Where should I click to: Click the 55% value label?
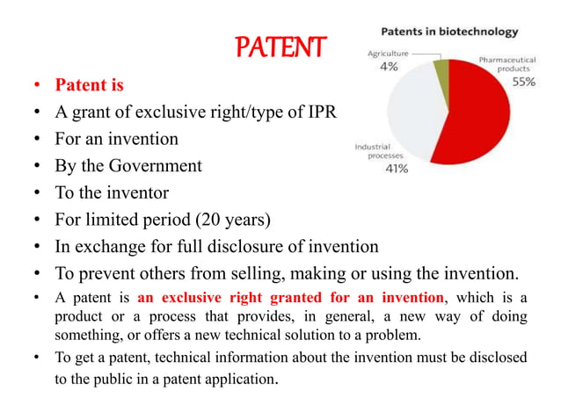point(524,81)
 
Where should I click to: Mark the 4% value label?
point(387,68)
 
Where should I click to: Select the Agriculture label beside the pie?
point(388,53)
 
